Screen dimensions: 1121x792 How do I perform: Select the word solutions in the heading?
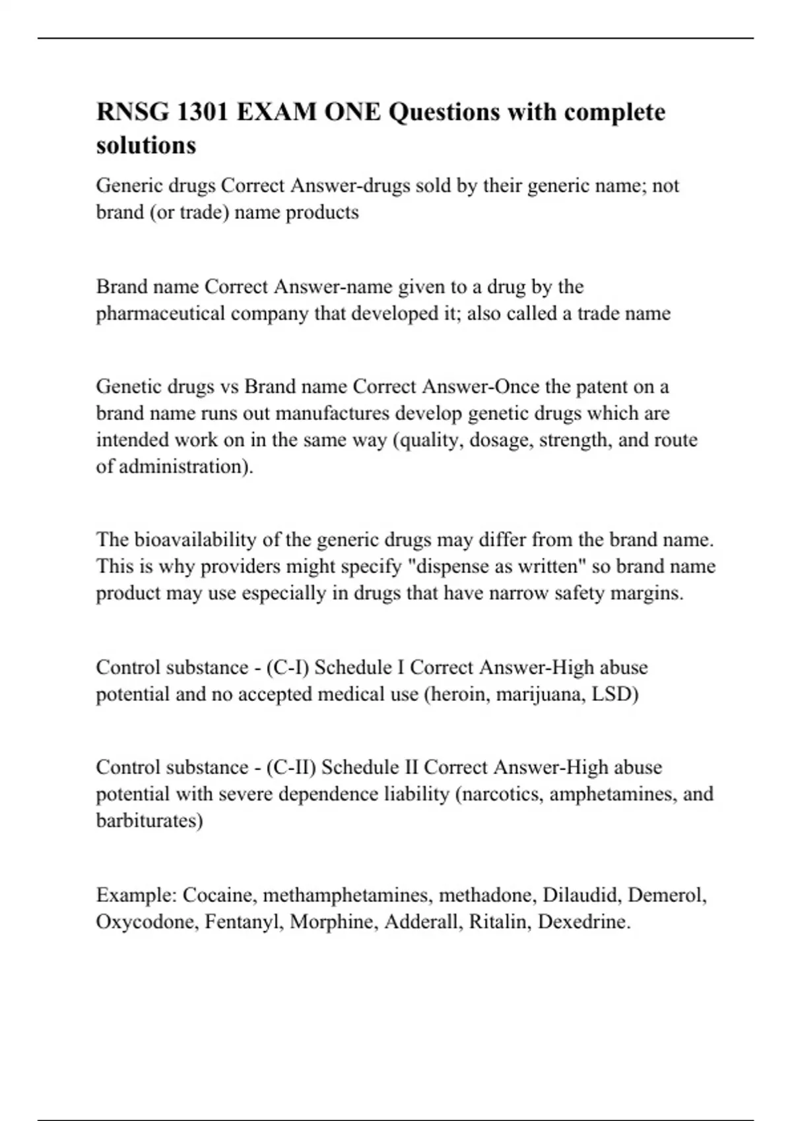[146, 145]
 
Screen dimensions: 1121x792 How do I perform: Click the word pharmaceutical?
[161, 313]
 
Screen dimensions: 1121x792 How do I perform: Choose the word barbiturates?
[149, 820]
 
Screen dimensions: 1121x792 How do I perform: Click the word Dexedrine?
[584, 922]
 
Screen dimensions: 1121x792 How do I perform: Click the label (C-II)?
[291, 768]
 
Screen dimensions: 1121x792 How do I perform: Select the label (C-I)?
[287, 667]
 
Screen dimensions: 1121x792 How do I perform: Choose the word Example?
[137, 895]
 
